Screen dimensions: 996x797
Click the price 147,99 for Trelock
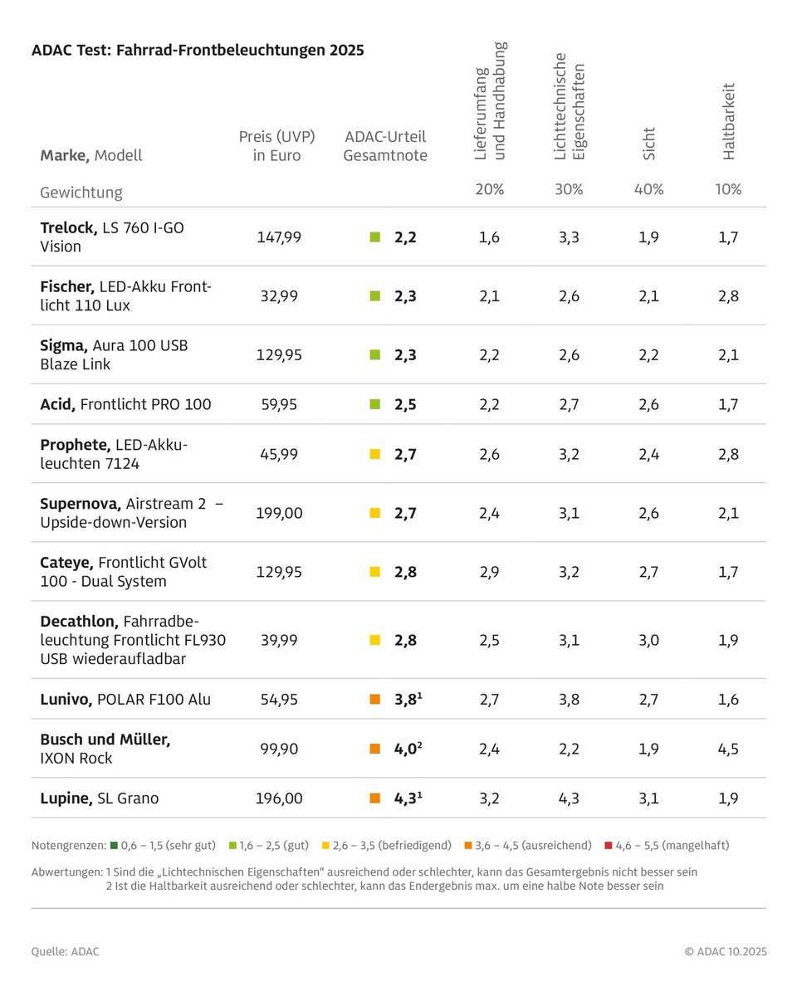278,237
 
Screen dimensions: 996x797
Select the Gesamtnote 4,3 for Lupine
407,798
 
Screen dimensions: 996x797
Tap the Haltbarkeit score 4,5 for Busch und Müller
728,749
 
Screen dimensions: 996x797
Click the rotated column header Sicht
649,143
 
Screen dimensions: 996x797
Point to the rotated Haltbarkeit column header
729,121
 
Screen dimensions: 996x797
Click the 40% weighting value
648,189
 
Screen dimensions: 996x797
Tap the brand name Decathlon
80,621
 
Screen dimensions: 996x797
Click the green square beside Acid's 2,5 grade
374,405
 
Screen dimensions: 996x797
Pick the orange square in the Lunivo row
374,700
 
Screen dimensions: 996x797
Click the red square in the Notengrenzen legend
609,846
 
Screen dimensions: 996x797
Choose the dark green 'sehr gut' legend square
113,846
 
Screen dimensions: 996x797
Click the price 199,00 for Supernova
278,513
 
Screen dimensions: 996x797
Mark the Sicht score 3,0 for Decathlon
648,640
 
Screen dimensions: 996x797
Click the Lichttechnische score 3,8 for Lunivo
569,700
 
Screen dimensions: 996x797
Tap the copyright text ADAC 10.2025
726,952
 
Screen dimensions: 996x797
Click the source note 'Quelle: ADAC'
65,952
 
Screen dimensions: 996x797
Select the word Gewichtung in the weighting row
81,193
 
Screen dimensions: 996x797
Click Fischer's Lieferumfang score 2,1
489,296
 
